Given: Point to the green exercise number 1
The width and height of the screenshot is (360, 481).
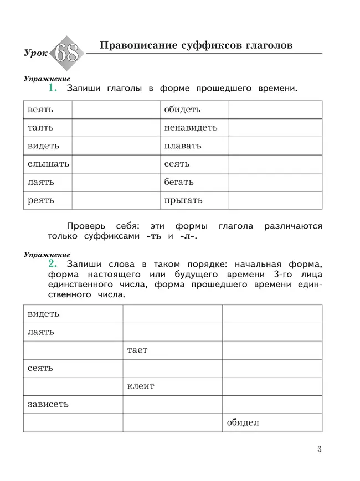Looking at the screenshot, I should click(x=53, y=87).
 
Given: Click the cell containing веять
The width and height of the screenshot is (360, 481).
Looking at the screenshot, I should click(x=41, y=110).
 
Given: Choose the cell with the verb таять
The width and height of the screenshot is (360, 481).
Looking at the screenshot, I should click(x=41, y=128).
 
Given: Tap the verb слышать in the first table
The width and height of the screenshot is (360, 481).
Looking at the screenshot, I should click(x=48, y=164).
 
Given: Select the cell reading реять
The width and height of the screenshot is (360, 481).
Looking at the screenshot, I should click(x=41, y=200).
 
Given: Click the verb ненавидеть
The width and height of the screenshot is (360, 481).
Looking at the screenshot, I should click(x=191, y=128).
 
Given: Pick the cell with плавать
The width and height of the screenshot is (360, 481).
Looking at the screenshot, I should click(x=183, y=146).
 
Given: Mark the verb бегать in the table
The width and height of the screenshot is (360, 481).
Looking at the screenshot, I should click(x=179, y=182).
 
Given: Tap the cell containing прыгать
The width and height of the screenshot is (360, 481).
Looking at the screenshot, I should click(x=183, y=200).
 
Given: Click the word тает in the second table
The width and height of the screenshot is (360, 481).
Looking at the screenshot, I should click(x=137, y=350).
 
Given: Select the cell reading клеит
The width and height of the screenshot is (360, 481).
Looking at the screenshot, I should click(x=141, y=386).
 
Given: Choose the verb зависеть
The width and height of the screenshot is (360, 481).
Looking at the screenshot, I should click(x=48, y=404).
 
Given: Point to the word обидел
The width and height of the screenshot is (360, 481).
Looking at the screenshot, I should click(x=243, y=423).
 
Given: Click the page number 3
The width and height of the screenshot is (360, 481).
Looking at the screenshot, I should click(x=319, y=449).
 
